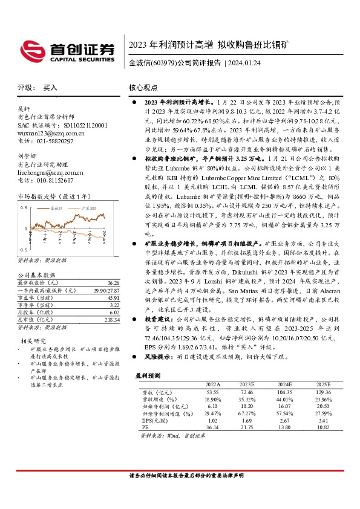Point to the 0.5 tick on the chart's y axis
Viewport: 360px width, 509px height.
tap(24, 206)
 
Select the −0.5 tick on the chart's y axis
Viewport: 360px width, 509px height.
tap(22, 248)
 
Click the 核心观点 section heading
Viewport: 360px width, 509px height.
tap(145, 88)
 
